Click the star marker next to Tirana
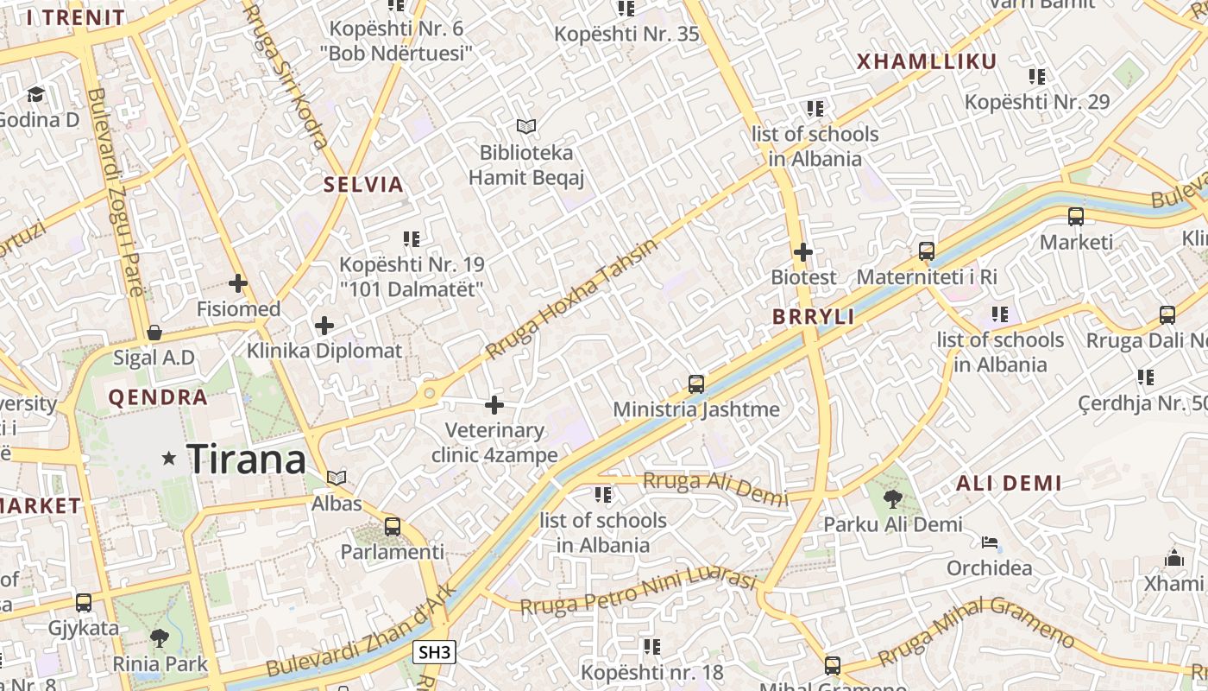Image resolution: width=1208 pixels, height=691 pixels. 169,459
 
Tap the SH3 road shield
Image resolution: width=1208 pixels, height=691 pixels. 434,652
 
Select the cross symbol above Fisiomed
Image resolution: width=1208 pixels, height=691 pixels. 237,282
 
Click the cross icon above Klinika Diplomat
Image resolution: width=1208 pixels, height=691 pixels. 324,326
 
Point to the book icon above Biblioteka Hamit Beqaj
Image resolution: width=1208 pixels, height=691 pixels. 526,127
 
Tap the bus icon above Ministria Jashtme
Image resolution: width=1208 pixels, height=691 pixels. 696,384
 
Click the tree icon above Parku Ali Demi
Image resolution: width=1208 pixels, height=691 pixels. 893,498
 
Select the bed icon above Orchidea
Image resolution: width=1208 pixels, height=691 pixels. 990,542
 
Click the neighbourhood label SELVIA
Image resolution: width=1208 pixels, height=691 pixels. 363,184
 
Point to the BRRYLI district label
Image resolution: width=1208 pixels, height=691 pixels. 814,317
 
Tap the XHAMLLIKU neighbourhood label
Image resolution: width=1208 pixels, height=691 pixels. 926,61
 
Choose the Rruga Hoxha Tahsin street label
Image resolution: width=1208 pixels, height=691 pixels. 571,299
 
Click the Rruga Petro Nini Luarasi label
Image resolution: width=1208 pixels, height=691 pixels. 638,592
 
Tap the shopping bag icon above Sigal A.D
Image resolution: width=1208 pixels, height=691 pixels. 154,333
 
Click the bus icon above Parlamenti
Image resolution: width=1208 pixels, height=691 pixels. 393,526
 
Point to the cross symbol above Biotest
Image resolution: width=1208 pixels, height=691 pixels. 803,252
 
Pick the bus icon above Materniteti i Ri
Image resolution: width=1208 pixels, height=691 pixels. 927,251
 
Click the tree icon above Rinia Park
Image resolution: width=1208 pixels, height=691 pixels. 160,638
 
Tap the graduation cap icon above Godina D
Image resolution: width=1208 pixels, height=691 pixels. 36,93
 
